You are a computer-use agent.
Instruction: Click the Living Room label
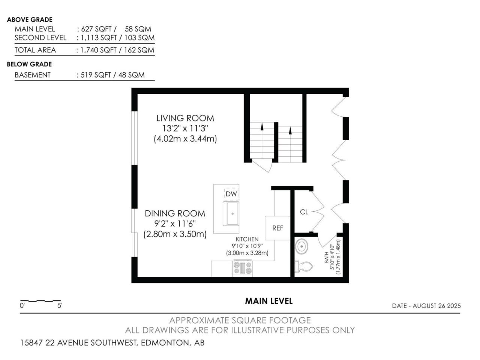(x=185, y=118)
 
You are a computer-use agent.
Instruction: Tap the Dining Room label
(x=175, y=213)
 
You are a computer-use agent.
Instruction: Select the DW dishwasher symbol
(x=231, y=194)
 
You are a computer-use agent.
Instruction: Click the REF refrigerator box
(x=277, y=228)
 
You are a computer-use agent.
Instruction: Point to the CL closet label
(x=304, y=212)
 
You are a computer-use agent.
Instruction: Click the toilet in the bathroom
(x=304, y=267)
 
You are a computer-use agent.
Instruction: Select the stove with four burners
(x=243, y=268)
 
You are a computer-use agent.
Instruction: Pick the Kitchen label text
(x=247, y=239)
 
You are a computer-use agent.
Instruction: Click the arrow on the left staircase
(x=262, y=127)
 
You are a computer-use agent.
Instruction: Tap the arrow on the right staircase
(x=290, y=130)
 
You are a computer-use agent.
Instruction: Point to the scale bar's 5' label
(x=60, y=306)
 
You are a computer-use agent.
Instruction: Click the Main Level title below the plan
(x=269, y=301)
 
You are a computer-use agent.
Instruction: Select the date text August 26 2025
(x=437, y=306)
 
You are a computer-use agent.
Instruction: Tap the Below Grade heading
(x=29, y=64)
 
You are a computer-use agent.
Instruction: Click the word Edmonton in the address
(x=165, y=343)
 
